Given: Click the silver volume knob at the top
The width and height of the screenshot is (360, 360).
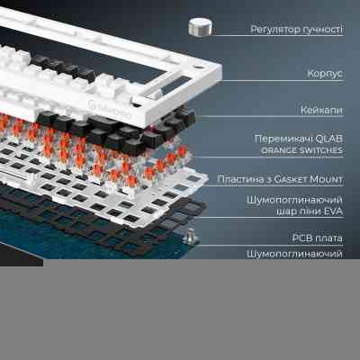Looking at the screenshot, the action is (x=200, y=26).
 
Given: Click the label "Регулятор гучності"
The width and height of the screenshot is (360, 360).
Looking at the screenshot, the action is (x=297, y=30).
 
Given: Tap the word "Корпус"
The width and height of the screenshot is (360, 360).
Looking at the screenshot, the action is (x=325, y=74).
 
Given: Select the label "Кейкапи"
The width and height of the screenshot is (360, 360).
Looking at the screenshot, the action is (x=321, y=110).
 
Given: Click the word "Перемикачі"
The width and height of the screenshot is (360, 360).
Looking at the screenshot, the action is (x=281, y=139).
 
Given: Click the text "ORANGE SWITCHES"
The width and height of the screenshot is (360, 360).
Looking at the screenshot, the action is (x=301, y=150).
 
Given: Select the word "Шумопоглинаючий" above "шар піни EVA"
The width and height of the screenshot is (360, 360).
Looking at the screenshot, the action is (x=294, y=200).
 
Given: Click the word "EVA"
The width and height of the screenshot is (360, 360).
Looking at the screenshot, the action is (x=333, y=211).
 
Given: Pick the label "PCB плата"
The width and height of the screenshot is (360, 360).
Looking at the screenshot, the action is (x=318, y=238).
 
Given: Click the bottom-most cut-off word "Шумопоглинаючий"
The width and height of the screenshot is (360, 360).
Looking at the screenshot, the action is (x=294, y=255).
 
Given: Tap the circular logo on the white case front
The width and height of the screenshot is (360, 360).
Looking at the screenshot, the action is (x=92, y=104).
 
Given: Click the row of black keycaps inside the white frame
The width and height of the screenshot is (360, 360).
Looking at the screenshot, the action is (x=64, y=67).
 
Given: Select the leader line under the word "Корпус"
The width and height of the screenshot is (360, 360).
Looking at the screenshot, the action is (x=283, y=81).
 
